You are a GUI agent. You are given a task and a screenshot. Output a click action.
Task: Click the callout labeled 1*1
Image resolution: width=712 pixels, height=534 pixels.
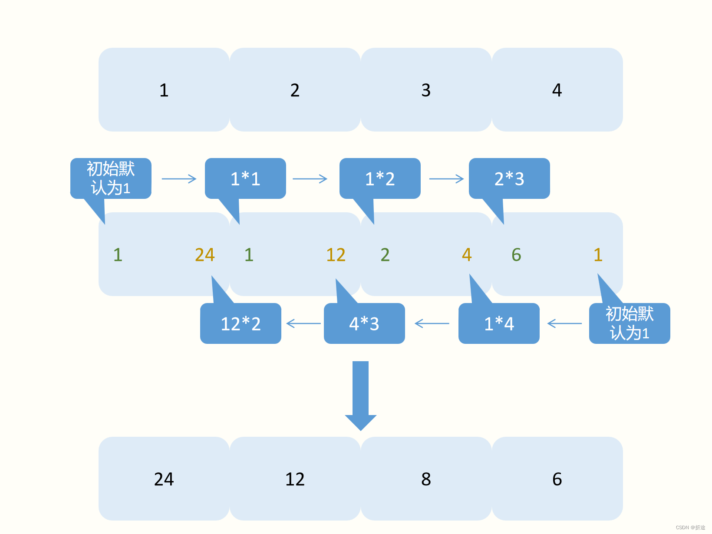coord(245,178)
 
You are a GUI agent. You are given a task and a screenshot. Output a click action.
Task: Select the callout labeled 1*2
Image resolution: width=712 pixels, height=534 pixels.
coord(380,178)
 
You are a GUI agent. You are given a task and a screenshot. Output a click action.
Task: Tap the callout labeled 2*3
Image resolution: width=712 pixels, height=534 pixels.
coord(509,178)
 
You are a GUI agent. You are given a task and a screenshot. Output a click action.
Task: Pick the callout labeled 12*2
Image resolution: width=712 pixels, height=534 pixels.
coord(241,323)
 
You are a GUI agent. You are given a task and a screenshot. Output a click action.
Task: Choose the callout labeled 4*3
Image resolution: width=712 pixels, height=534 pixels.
coord(364,323)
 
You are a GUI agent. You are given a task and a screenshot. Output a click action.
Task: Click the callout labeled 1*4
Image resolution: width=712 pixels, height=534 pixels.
coord(499,323)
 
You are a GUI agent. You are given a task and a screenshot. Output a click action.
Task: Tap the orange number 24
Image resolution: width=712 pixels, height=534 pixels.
coord(204,255)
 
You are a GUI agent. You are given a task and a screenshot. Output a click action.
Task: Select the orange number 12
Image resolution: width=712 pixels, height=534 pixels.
coord(336,255)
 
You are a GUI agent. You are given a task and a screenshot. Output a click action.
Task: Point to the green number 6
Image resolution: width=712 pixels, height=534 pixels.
coord(516,255)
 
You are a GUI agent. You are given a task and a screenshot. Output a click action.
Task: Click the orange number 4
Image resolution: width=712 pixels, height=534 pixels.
coord(467,255)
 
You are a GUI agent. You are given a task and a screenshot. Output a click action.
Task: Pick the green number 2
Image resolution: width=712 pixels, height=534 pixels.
coord(385,255)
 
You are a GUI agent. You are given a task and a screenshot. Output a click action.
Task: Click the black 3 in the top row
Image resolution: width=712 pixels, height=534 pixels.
coord(426,90)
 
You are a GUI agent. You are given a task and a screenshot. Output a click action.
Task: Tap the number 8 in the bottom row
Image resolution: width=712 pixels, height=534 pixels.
coord(426,479)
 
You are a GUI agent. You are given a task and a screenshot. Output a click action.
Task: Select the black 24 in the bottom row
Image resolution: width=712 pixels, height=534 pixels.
coord(164,479)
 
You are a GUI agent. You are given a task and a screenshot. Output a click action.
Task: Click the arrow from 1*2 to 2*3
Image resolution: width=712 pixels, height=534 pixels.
coord(446,179)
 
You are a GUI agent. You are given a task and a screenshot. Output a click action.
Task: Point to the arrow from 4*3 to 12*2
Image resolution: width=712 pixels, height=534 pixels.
coord(303,323)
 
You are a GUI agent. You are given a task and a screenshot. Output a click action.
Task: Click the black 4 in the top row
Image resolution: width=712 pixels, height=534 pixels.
coord(557,90)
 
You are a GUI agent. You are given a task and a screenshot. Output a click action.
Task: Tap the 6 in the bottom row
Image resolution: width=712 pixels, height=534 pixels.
coord(557,479)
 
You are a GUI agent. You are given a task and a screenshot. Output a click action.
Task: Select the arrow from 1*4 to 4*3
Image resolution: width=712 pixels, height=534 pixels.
coord(432,323)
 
